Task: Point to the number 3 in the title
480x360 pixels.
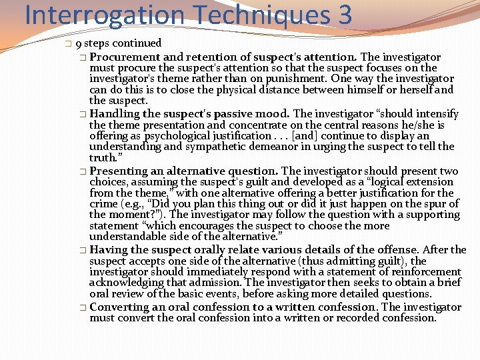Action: pyautogui.click(x=344, y=15)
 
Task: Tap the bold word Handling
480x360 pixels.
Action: pyautogui.click(x=112, y=113)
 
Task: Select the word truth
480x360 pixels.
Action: pyautogui.click(x=102, y=158)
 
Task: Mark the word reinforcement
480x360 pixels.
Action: pyautogui.click(x=426, y=272)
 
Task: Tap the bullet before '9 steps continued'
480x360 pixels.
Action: pyautogui.click(x=69, y=44)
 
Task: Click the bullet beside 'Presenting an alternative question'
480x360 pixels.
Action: pyautogui.click(x=82, y=171)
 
